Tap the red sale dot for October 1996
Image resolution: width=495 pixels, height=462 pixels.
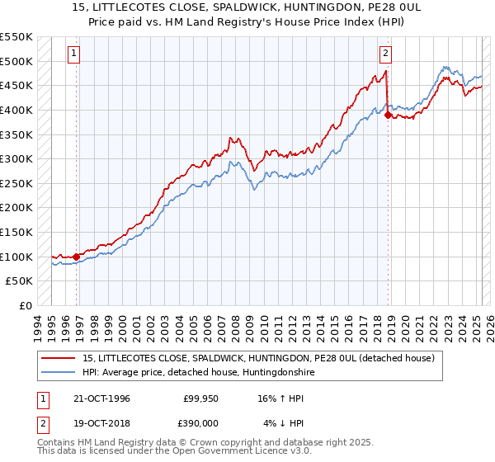pos(77,257)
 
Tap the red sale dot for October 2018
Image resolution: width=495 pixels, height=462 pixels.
pos(387,115)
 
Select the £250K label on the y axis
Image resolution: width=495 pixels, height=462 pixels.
pos(16,183)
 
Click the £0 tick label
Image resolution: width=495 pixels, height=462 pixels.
pos(25,305)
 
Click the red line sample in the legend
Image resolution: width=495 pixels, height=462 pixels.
pos(59,358)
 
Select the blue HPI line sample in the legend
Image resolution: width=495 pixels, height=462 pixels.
pos(59,373)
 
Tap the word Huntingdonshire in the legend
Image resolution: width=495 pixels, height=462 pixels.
pos(275,373)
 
